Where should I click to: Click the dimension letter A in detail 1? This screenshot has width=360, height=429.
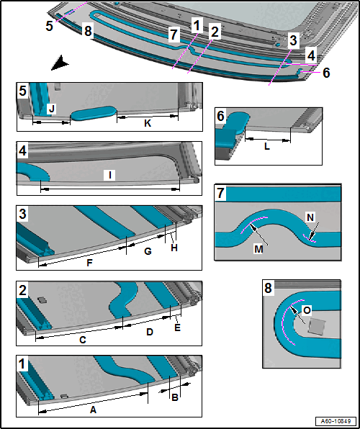[93, 410]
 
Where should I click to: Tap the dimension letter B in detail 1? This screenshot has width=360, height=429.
[175, 397]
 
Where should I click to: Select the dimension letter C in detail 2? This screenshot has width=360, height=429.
[83, 340]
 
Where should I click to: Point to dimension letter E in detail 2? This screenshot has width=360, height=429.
[177, 328]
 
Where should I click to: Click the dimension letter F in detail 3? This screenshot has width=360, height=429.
[89, 263]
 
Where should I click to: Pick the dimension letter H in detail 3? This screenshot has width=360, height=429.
[174, 248]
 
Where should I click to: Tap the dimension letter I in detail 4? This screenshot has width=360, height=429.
[109, 175]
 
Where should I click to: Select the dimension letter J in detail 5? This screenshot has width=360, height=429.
[51, 109]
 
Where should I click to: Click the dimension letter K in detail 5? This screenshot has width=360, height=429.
[148, 124]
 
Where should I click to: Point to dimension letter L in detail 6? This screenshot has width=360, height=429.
[267, 147]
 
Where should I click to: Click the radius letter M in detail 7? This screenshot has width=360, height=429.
[258, 250]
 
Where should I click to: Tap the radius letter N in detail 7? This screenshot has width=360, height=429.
[310, 218]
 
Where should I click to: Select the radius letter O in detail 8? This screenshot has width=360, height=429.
[307, 310]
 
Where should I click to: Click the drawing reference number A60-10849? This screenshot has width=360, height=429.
[336, 421]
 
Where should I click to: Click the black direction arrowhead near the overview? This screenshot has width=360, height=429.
[60, 63]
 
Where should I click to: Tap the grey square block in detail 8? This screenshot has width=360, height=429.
[317, 327]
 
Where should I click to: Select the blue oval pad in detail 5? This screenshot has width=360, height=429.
[94, 113]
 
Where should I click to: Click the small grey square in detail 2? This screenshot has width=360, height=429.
[42, 300]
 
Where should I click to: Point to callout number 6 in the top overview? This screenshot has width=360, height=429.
[325, 73]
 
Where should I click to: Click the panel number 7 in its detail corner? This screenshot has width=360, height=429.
[220, 193]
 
